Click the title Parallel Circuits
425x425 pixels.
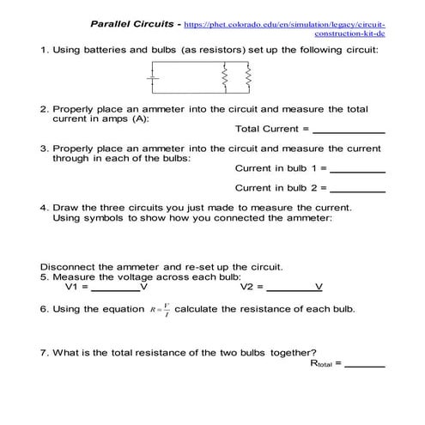(x=131, y=22)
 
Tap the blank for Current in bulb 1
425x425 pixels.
(x=357, y=168)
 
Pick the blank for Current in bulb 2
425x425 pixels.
(x=357, y=188)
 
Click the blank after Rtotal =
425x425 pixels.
(x=365, y=364)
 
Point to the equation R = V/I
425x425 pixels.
(x=159, y=309)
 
